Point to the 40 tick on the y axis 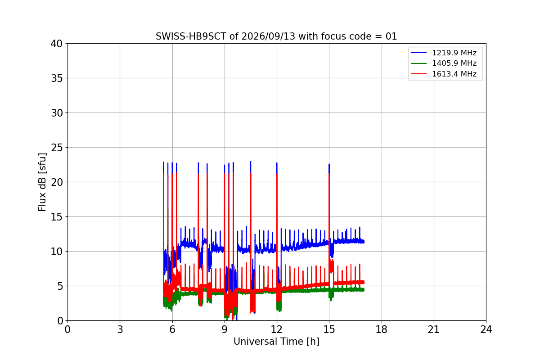[x=56, y=44]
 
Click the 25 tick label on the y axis [x=56, y=148]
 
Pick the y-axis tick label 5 [x=60, y=286]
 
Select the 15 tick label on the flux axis [x=56, y=217]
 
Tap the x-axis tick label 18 [x=382, y=329]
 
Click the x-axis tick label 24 [x=486, y=329]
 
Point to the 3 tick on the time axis [x=120, y=329]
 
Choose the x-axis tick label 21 [x=434, y=329]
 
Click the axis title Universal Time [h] [x=276, y=342]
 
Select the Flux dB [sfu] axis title [x=42, y=182]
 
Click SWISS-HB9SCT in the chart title [x=191, y=36]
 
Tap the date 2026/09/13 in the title [x=268, y=36]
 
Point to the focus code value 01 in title [x=391, y=36]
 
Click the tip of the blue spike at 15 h [x=329, y=164]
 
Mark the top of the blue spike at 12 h [x=277, y=163]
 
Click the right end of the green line [x=364, y=290]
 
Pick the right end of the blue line [x=364, y=242]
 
